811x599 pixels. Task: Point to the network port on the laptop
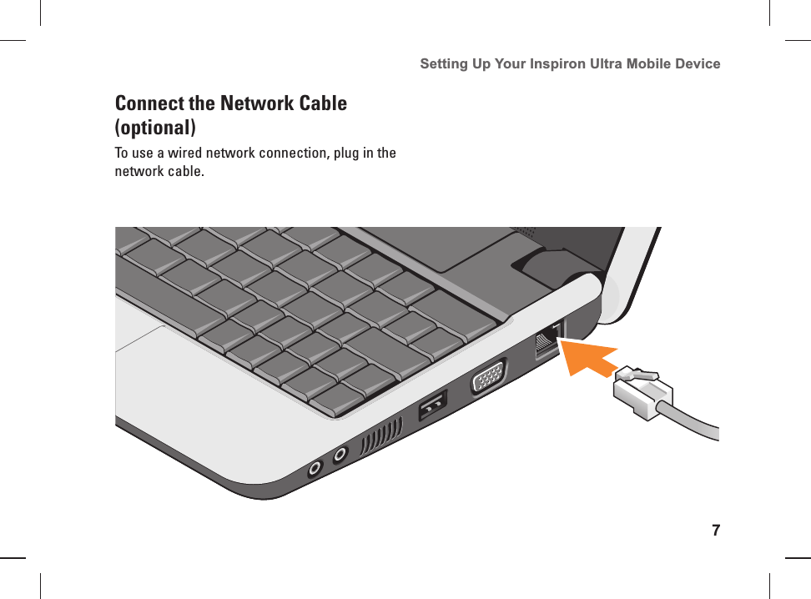click(x=547, y=341)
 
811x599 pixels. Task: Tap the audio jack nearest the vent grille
click(x=340, y=456)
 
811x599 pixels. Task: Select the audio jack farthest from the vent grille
click(x=314, y=469)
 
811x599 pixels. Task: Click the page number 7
click(x=715, y=531)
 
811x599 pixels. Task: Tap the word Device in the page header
click(x=695, y=63)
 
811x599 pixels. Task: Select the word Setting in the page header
click(x=444, y=63)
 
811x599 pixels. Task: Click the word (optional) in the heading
click(x=155, y=128)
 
